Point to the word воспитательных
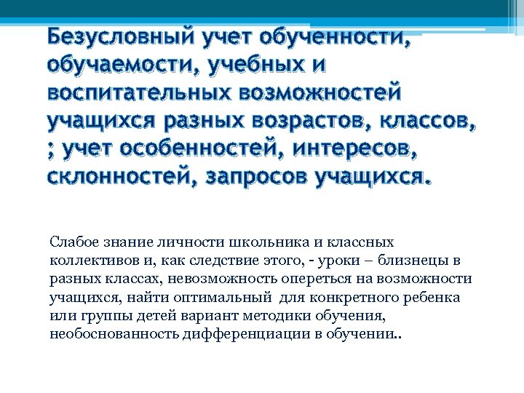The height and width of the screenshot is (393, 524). point(137,92)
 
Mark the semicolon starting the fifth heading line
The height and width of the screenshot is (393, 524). point(51,149)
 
